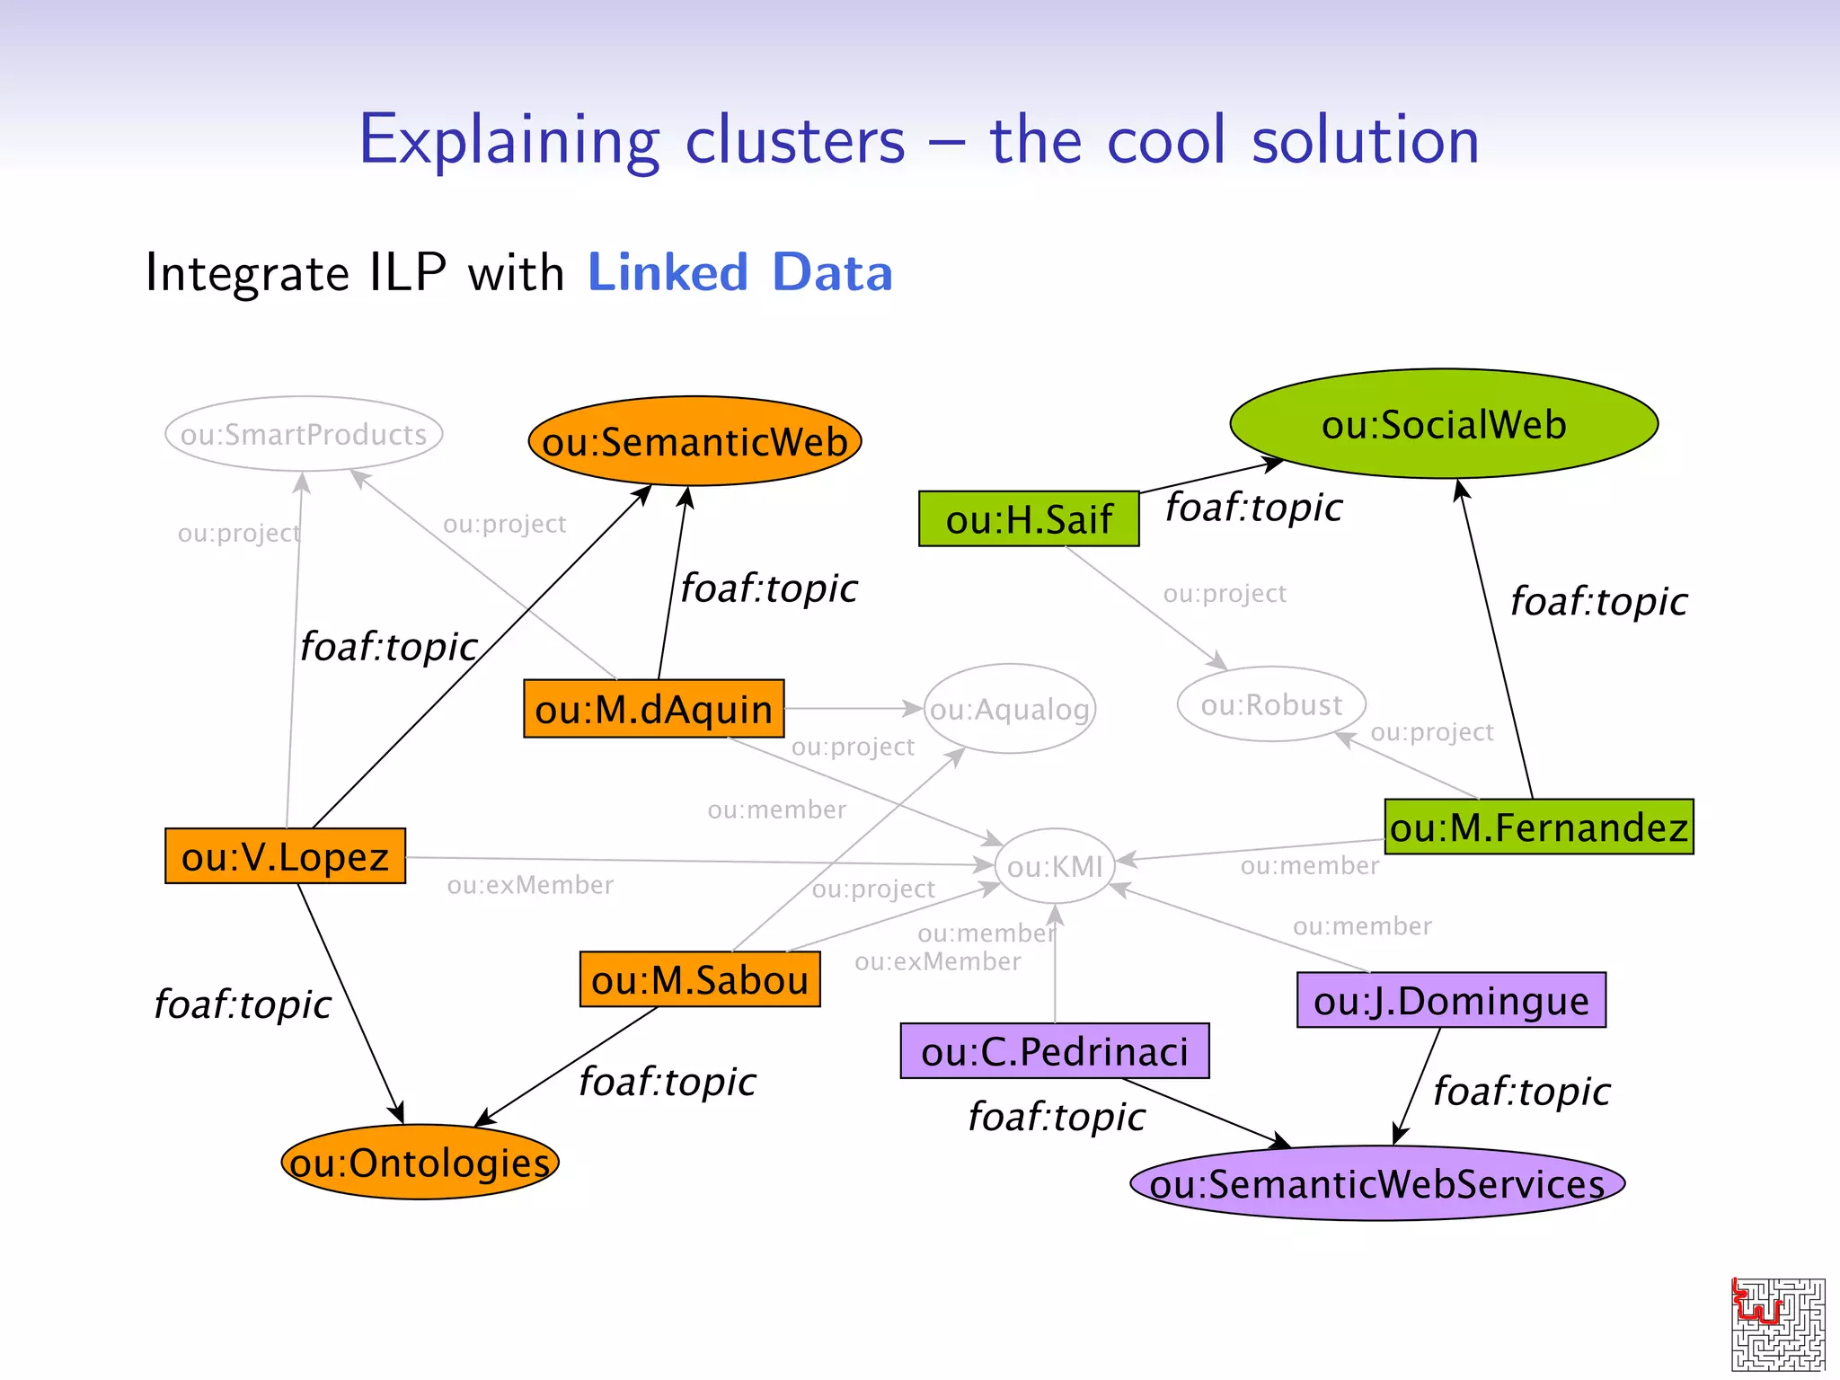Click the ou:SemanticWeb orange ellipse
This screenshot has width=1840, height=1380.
694,441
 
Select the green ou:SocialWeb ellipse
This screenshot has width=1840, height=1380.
1443,424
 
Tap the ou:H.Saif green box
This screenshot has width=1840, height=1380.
1028,519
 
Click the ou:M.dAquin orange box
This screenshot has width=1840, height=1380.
653,709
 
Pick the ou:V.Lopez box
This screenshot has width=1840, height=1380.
285,856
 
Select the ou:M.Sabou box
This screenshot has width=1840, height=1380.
699,979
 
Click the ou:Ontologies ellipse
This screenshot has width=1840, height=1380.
420,1163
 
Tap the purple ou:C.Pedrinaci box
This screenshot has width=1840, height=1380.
1054,1051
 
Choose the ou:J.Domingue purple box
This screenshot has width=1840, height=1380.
1450,1000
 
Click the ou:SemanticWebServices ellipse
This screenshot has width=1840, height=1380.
1376,1183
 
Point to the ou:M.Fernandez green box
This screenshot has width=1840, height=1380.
1538,827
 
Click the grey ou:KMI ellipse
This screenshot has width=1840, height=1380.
1055,866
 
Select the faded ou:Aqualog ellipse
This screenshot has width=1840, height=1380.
1009,709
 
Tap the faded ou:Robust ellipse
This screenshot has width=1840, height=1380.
1270,704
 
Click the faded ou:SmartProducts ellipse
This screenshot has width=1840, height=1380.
304,434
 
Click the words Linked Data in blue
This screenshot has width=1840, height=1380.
739,272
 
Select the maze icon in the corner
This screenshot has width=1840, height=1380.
1777,1323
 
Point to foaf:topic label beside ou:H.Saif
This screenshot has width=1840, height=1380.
1253,508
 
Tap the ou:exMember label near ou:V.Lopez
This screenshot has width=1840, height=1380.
530,886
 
